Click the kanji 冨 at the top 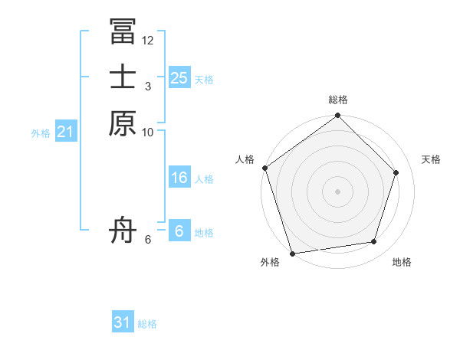click(123, 31)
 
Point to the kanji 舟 click(123, 229)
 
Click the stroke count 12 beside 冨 click(148, 40)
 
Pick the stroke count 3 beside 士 click(148, 86)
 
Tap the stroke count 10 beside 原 click(148, 132)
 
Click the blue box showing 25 click(179, 77)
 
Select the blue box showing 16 click(179, 178)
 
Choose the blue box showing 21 click(66, 132)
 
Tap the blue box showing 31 click(123, 322)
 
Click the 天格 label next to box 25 click(204, 80)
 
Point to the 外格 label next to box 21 click(41, 133)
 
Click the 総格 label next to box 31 click(147, 324)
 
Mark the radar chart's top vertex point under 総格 click(338, 116)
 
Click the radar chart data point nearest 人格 click(265, 168)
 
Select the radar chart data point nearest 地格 click(374, 242)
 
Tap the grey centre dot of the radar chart click(338, 191)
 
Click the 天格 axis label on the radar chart click(431, 159)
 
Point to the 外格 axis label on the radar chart click(270, 263)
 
